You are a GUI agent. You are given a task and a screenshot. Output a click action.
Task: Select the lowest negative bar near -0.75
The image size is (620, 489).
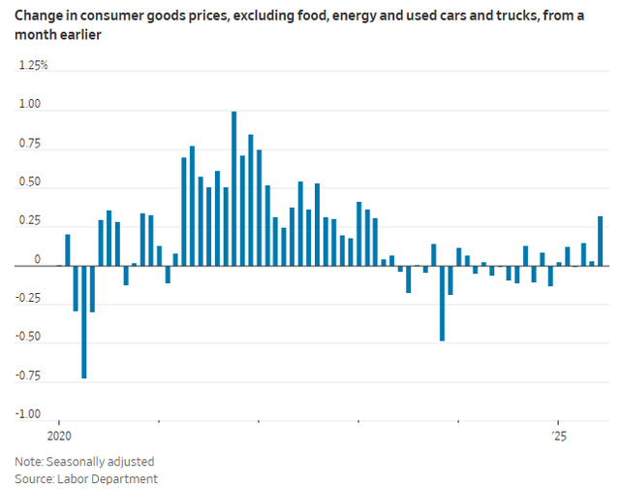pos(84,321)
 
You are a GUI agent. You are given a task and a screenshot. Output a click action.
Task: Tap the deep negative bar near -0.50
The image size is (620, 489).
pos(442,303)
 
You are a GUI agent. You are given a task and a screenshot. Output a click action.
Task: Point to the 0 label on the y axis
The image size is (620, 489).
pos(38,260)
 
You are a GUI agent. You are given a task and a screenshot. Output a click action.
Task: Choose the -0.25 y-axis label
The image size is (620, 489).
pos(28,299)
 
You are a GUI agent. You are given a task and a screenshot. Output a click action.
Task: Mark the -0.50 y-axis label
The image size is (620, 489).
pos(28,338)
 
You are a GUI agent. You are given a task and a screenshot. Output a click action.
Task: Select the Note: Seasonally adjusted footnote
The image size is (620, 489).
pos(84,462)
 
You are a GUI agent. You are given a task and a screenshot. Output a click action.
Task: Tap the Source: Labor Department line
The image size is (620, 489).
pos(86,478)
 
